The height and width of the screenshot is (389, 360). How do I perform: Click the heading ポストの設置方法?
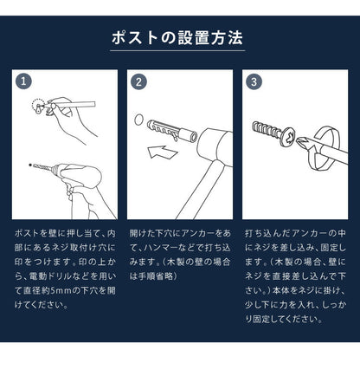[x=179, y=39]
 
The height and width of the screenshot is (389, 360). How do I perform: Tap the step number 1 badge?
[x=23, y=81]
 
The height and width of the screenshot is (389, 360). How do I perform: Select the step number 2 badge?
[x=139, y=81]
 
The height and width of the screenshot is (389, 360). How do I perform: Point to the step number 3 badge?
[x=254, y=81]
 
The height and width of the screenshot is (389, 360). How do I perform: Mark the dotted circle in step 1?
[x=38, y=106]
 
